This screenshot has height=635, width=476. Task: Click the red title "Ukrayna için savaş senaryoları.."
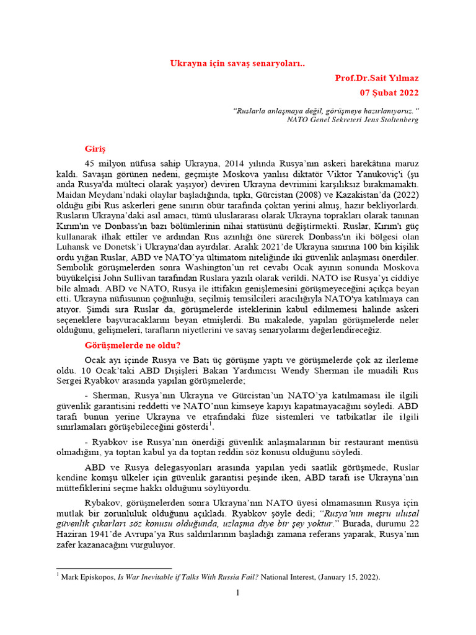pyautogui.click(x=238, y=63)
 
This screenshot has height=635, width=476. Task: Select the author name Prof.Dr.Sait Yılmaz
pyautogui.click(x=376, y=78)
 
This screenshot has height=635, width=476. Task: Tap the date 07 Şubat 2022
pyautogui.click(x=389, y=93)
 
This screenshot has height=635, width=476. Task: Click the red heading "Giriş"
pyautogui.click(x=95, y=149)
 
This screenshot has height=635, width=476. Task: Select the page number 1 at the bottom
pyautogui.click(x=237, y=593)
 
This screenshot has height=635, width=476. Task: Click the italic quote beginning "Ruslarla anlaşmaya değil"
pyautogui.click(x=326, y=110)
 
